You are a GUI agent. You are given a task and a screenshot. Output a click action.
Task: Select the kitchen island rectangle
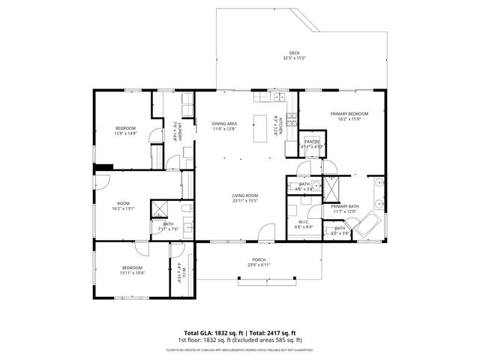click(x=260, y=128)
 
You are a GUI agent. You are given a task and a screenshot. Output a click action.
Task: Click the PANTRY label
click(x=312, y=141)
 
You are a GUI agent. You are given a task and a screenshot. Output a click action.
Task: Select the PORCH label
click(x=257, y=261)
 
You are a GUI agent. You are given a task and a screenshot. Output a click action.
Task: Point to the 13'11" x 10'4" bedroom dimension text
click(x=132, y=272)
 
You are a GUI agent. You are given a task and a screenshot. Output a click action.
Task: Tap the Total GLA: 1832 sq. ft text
click(x=209, y=333)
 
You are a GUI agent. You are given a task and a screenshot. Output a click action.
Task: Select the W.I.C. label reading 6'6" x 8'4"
click(x=304, y=224)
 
